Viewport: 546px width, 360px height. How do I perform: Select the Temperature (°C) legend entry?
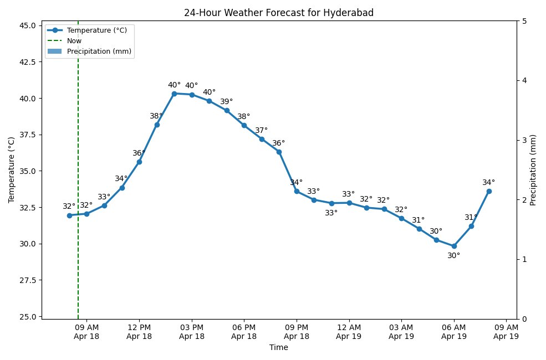point(96,30)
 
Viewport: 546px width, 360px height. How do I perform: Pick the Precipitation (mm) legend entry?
point(99,52)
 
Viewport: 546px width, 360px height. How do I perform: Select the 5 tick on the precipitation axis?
point(524,22)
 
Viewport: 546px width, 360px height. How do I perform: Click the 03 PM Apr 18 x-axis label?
point(192,332)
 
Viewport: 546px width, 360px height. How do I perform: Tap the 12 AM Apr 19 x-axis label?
point(349,332)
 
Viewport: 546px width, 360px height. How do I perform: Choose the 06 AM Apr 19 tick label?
point(454,332)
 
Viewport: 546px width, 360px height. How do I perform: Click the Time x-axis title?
point(278,348)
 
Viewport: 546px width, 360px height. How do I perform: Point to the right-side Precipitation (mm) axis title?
point(533,170)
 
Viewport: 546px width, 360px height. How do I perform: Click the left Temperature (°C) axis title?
point(12,170)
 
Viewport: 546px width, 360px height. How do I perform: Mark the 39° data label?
point(226,102)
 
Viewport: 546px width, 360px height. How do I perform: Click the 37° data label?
point(261,131)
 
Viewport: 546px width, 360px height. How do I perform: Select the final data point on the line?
point(489,191)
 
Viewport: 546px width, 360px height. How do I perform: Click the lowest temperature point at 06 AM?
point(454,246)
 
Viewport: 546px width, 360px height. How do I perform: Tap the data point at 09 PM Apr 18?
point(297,191)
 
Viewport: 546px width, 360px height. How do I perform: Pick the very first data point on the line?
point(69,215)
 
